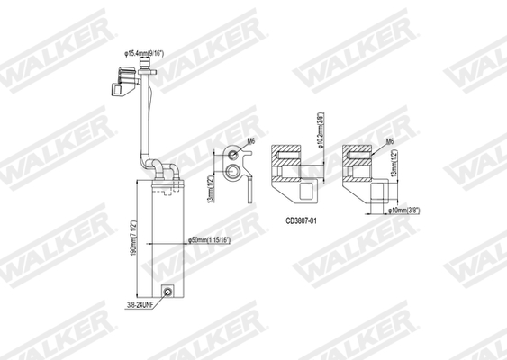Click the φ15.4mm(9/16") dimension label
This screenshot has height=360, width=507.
[149, 56]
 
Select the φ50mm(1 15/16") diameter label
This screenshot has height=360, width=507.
[214, 241]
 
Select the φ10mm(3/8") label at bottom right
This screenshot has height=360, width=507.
[399, 210]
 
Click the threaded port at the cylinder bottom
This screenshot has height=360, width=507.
[167, 292]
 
